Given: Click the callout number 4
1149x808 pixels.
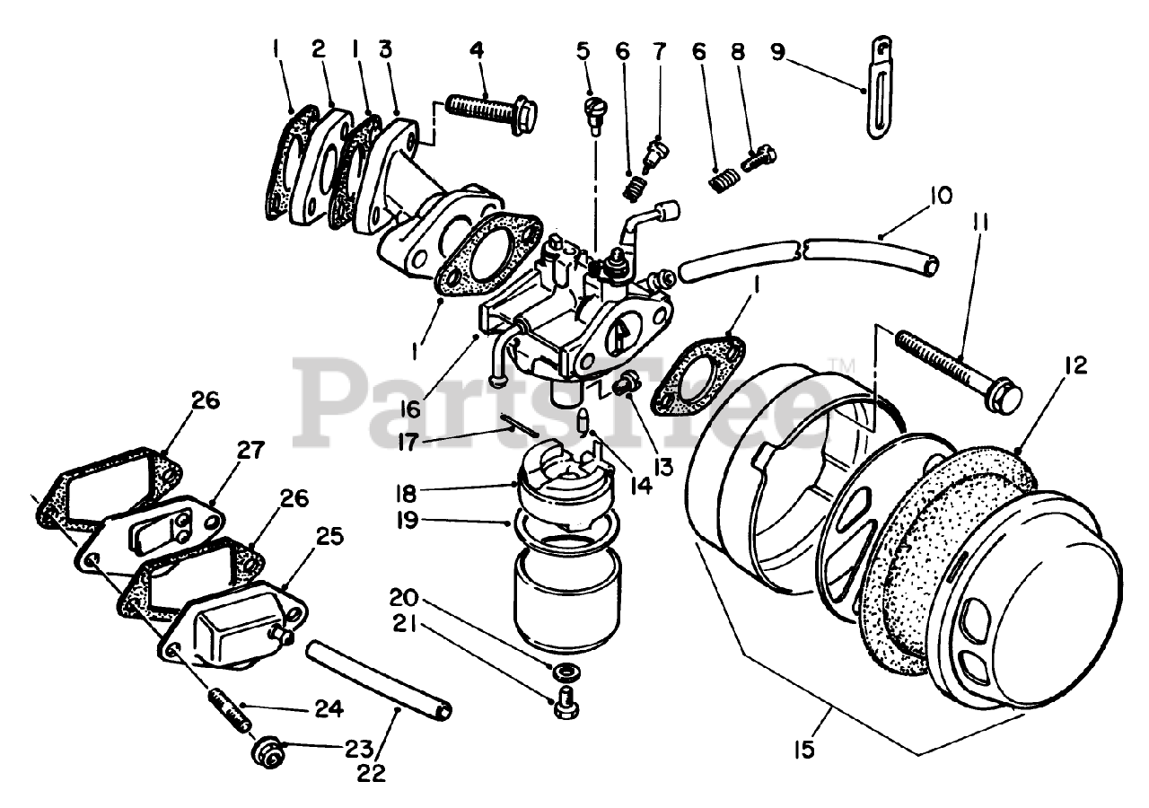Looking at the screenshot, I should coord(477,50).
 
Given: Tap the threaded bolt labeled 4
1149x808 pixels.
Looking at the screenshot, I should coord(491,113).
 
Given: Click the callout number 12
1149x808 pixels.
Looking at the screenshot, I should coord(1075,365).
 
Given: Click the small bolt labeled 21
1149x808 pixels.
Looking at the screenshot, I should coord(565,703).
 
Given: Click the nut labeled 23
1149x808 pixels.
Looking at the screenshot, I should coord(267,746).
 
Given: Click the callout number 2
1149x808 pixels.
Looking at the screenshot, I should coord(319,50).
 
